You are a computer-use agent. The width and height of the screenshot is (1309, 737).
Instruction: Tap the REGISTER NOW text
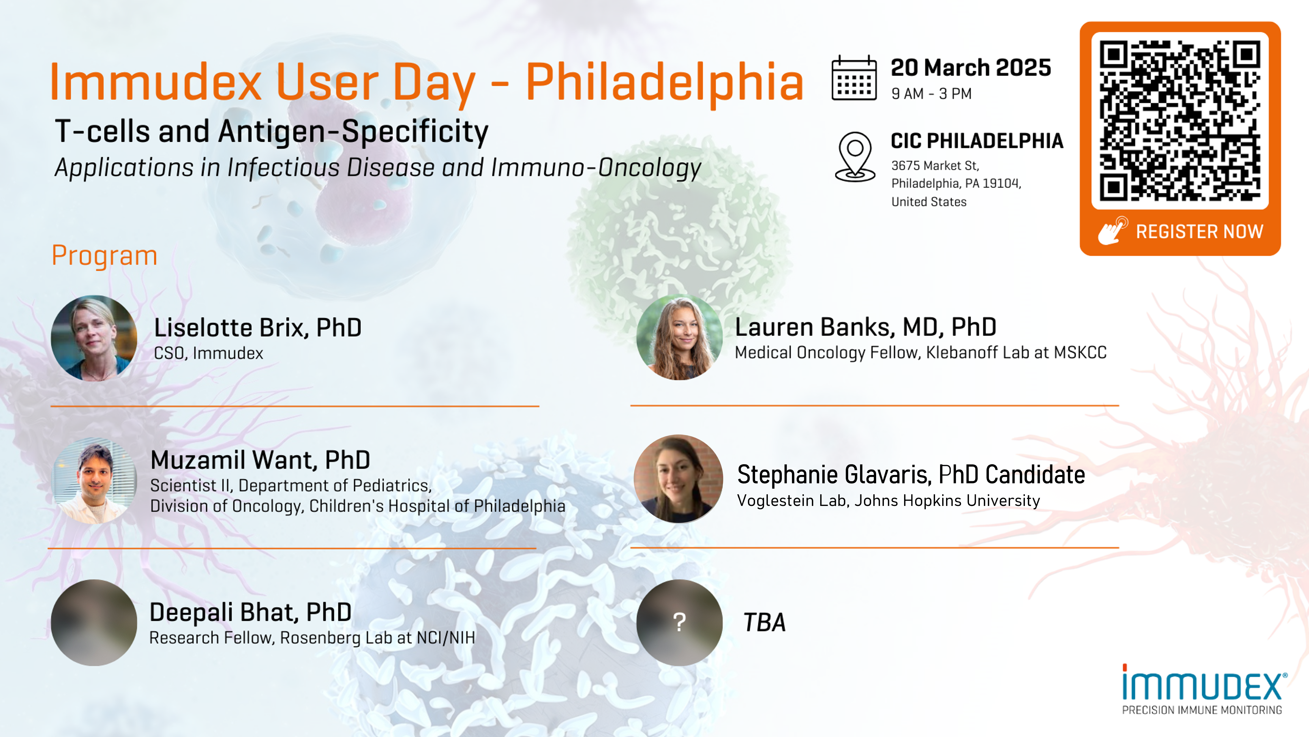1199,232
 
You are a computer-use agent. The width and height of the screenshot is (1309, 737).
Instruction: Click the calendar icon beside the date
854,78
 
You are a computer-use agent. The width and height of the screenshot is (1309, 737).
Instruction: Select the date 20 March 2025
970,68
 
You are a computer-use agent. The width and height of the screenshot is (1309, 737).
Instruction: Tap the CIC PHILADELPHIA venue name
977,141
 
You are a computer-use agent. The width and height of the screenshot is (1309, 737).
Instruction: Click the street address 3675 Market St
935,166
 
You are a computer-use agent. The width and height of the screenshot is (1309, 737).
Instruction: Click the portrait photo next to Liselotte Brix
94,338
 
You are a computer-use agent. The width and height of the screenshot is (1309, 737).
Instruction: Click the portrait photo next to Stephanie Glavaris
678,479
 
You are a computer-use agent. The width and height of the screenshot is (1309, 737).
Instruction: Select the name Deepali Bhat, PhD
250,612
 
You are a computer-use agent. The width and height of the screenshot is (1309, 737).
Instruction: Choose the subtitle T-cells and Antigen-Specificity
271,132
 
